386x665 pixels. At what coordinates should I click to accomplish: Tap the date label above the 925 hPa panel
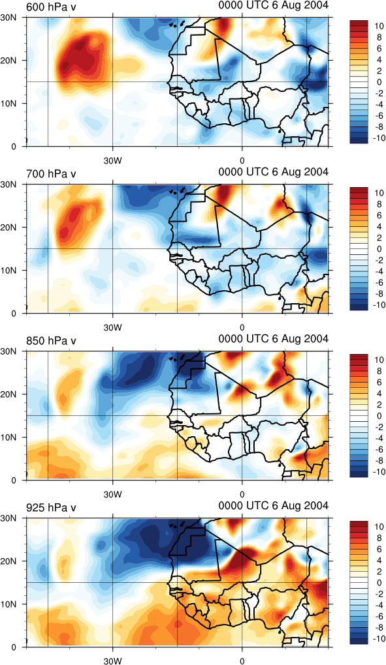click(274, 506)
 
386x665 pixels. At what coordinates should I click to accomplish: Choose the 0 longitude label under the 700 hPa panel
click(242, 327)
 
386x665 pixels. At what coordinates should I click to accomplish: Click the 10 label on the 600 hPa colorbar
click(380, 27)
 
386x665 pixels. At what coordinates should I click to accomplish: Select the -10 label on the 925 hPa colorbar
click(378, 639)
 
